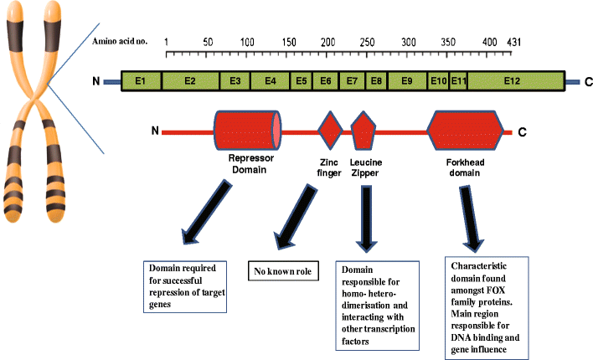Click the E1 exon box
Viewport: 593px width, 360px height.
point(141,81)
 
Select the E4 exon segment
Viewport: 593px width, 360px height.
point(270,81)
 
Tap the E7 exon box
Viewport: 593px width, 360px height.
point(353,81)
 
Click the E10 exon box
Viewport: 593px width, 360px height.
point(437,81)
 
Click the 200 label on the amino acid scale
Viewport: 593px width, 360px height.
point(327,41)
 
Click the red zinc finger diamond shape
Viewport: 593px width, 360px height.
point(331,131)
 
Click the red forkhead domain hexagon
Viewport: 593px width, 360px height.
point(465,131)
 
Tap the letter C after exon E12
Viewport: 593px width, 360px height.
point(587,82)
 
